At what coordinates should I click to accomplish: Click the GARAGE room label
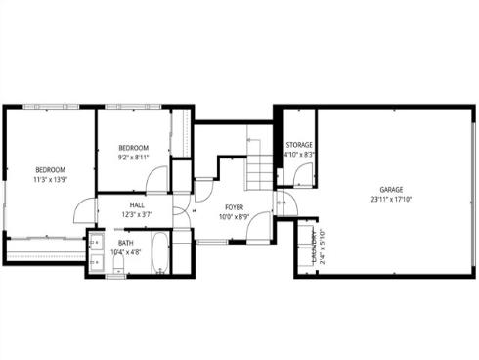click(x=392, y=189)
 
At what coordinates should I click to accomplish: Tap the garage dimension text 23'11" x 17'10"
click(x=392, y=199)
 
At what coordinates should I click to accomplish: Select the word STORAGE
click(x=298, y=145)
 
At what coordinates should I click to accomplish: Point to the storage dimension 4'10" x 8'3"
click(x=298, y=154)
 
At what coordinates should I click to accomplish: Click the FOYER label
click(x=234, y=207)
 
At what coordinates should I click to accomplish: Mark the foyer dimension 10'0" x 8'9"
click(x=234, y=217)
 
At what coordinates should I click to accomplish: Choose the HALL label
click(x=137, y=205)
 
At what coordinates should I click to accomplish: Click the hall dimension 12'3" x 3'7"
click(x=137, y=215)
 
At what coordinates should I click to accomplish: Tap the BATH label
click(x=126, y=243)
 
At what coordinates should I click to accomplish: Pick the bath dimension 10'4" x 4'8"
click(x=126, y=252)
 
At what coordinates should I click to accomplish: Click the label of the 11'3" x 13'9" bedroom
click(x=50, y=169)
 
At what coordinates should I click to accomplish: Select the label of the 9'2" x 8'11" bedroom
click(x=133, y=147)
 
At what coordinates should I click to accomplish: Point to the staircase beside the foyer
click(x=258, y=171)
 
